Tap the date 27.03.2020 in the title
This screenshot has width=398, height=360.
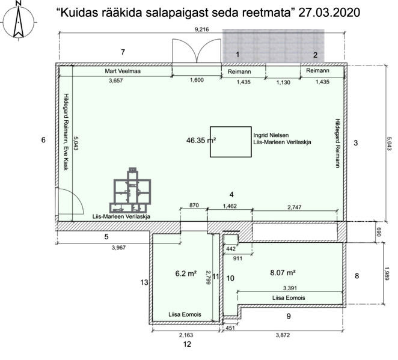coord(329,13)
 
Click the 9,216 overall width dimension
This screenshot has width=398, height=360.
coord(202,29)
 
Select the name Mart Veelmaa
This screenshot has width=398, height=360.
coord(123,71)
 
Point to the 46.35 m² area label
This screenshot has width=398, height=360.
coord(201,140)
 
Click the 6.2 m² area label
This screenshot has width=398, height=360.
coord(186,273)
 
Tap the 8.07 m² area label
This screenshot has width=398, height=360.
coord(283,273)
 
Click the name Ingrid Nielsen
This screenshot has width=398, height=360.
coord(271,135)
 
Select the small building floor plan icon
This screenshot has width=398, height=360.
coord(130,191)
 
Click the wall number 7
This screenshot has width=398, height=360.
coord(123,52)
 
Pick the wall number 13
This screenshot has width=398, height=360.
coord(144,282)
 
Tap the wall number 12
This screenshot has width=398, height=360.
coord(187,344)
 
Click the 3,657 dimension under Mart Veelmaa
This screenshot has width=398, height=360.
coord(116,81)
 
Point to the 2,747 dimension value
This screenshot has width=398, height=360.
coord(295,207)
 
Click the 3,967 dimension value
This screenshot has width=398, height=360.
coord(119,248)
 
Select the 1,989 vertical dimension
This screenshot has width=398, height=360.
coord(387,273)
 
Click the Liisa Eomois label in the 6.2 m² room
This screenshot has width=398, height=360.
coord(185,314)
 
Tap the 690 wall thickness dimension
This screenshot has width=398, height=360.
coord(379,232)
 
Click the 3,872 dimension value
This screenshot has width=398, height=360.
coord(283,335)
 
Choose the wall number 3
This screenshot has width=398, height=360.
coord(355,143)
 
